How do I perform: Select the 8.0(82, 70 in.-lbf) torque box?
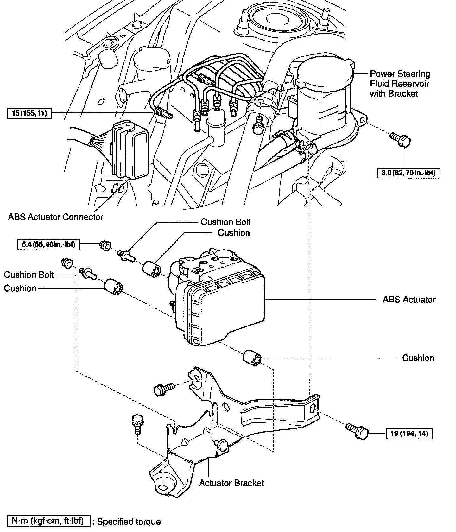(x=408, y=173)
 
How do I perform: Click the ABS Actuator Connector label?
(x=56, y=217)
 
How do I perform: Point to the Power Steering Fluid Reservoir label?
(x=400, y=84)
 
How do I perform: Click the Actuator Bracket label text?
(x=231, y=483)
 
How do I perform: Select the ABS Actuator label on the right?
(x=409, y=300)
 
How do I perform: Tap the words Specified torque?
(x=129, y=522)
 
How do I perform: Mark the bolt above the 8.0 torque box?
(x=400, y=139)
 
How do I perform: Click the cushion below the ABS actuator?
(x=252, y=358)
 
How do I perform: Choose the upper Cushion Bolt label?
(x=226, y=222)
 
